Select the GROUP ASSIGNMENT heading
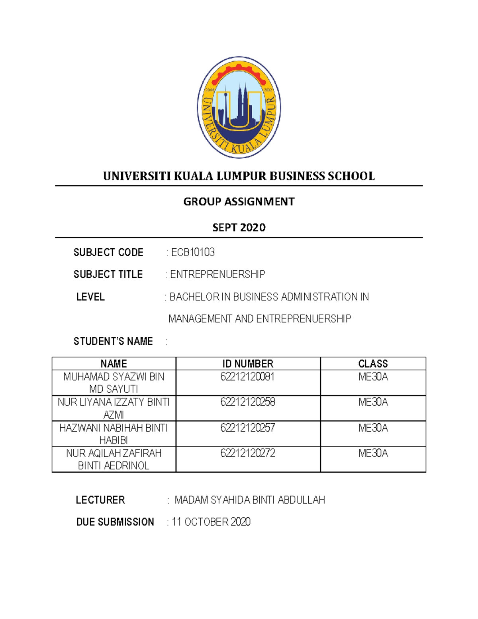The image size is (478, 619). click(239, 202)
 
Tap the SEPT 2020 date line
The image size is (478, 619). click(239, 228)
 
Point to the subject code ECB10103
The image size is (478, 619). click(193, 252)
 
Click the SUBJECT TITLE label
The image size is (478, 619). click(108, 274)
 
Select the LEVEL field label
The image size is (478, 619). click(90, 297)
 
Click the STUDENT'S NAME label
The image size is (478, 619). click(113, 341)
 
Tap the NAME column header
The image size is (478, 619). click(114, 364)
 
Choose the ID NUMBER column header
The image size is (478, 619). click(248, 364)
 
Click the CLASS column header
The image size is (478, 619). click(373, 364)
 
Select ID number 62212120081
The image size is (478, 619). click(247, 377)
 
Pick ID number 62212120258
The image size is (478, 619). click(248, 402)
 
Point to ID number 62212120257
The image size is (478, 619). click(248, 428)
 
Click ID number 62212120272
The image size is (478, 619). click(248, 453)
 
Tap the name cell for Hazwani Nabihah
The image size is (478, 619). click(114, 434)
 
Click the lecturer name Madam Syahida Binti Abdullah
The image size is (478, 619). click(250, 500)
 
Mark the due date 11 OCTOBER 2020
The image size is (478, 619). click(211, 522)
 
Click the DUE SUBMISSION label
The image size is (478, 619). click(115, 522)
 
